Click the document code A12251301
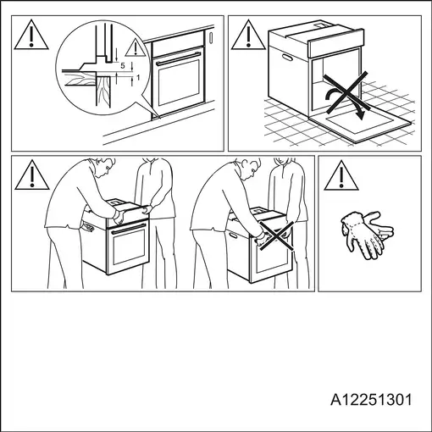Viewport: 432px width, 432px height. pyautogui.click(x=371, y=400)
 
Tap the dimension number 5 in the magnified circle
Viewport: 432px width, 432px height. pyautogui.click(x=123, y=66)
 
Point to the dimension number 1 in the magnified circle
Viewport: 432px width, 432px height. pyautogui.click(x=138, y=77)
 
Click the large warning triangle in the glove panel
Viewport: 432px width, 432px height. pyautogui.click(x=341, y=176)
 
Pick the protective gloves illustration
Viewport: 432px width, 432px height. pyautogui.click(x=367, y=235)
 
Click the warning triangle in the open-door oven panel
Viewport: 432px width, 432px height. pyautogui.click(x=248, y=35)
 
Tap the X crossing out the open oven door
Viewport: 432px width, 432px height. pyautogui.click(x=346, y=92)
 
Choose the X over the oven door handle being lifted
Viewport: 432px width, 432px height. pyautogui.click(x=277, y=236)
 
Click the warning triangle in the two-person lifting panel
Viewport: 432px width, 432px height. pyautogui.click(x=32, y=175)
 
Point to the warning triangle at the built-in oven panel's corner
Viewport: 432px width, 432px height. pyautogui.click(x=31, y=35)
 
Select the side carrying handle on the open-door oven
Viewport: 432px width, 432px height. pyautogui.click(x=287, y=58)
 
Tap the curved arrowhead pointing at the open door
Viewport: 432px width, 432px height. pyautogui.click(x=359, y=115)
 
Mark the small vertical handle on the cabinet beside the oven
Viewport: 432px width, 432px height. pyautogui.click(x=211, y=38)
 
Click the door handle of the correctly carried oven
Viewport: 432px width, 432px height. pyautogui.click(x=129, y=229)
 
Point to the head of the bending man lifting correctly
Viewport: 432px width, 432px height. pyautogui.click(x=105, y=167)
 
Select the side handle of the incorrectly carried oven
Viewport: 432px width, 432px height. pyautogui.click(x=235, y=235)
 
